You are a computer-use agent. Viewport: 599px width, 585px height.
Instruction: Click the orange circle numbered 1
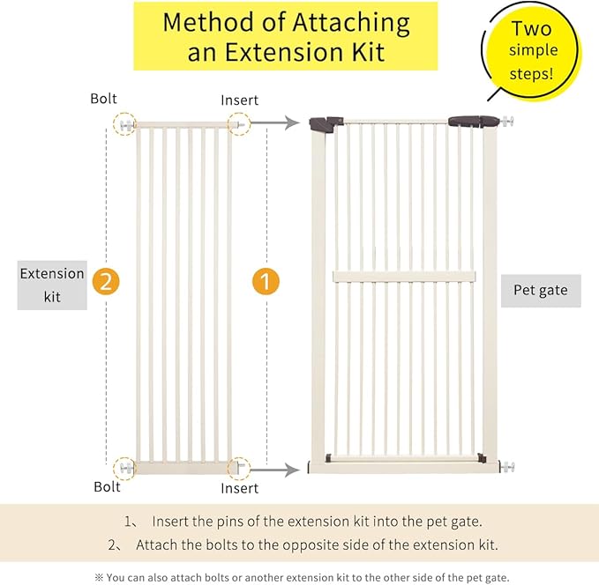266,282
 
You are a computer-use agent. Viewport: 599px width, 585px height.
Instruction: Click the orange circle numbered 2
105,282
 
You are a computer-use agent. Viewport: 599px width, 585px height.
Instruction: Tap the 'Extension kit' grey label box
53,285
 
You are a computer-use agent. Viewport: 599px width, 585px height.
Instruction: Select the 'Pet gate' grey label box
540,289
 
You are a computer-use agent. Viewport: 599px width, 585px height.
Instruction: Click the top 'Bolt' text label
104,100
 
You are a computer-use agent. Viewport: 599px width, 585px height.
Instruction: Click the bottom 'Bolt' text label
107,486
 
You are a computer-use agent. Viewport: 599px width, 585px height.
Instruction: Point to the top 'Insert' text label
240,100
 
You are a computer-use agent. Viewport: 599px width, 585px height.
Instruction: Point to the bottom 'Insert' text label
240,487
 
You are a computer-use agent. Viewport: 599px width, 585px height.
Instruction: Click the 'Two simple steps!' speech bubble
529,49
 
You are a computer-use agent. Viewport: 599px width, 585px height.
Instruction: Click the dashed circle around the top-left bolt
126,124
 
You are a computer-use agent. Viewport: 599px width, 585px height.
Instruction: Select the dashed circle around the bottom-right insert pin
238,468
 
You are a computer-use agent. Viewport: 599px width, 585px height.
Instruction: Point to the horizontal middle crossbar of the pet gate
403,276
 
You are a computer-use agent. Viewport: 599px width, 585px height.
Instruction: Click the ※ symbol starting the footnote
98,575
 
